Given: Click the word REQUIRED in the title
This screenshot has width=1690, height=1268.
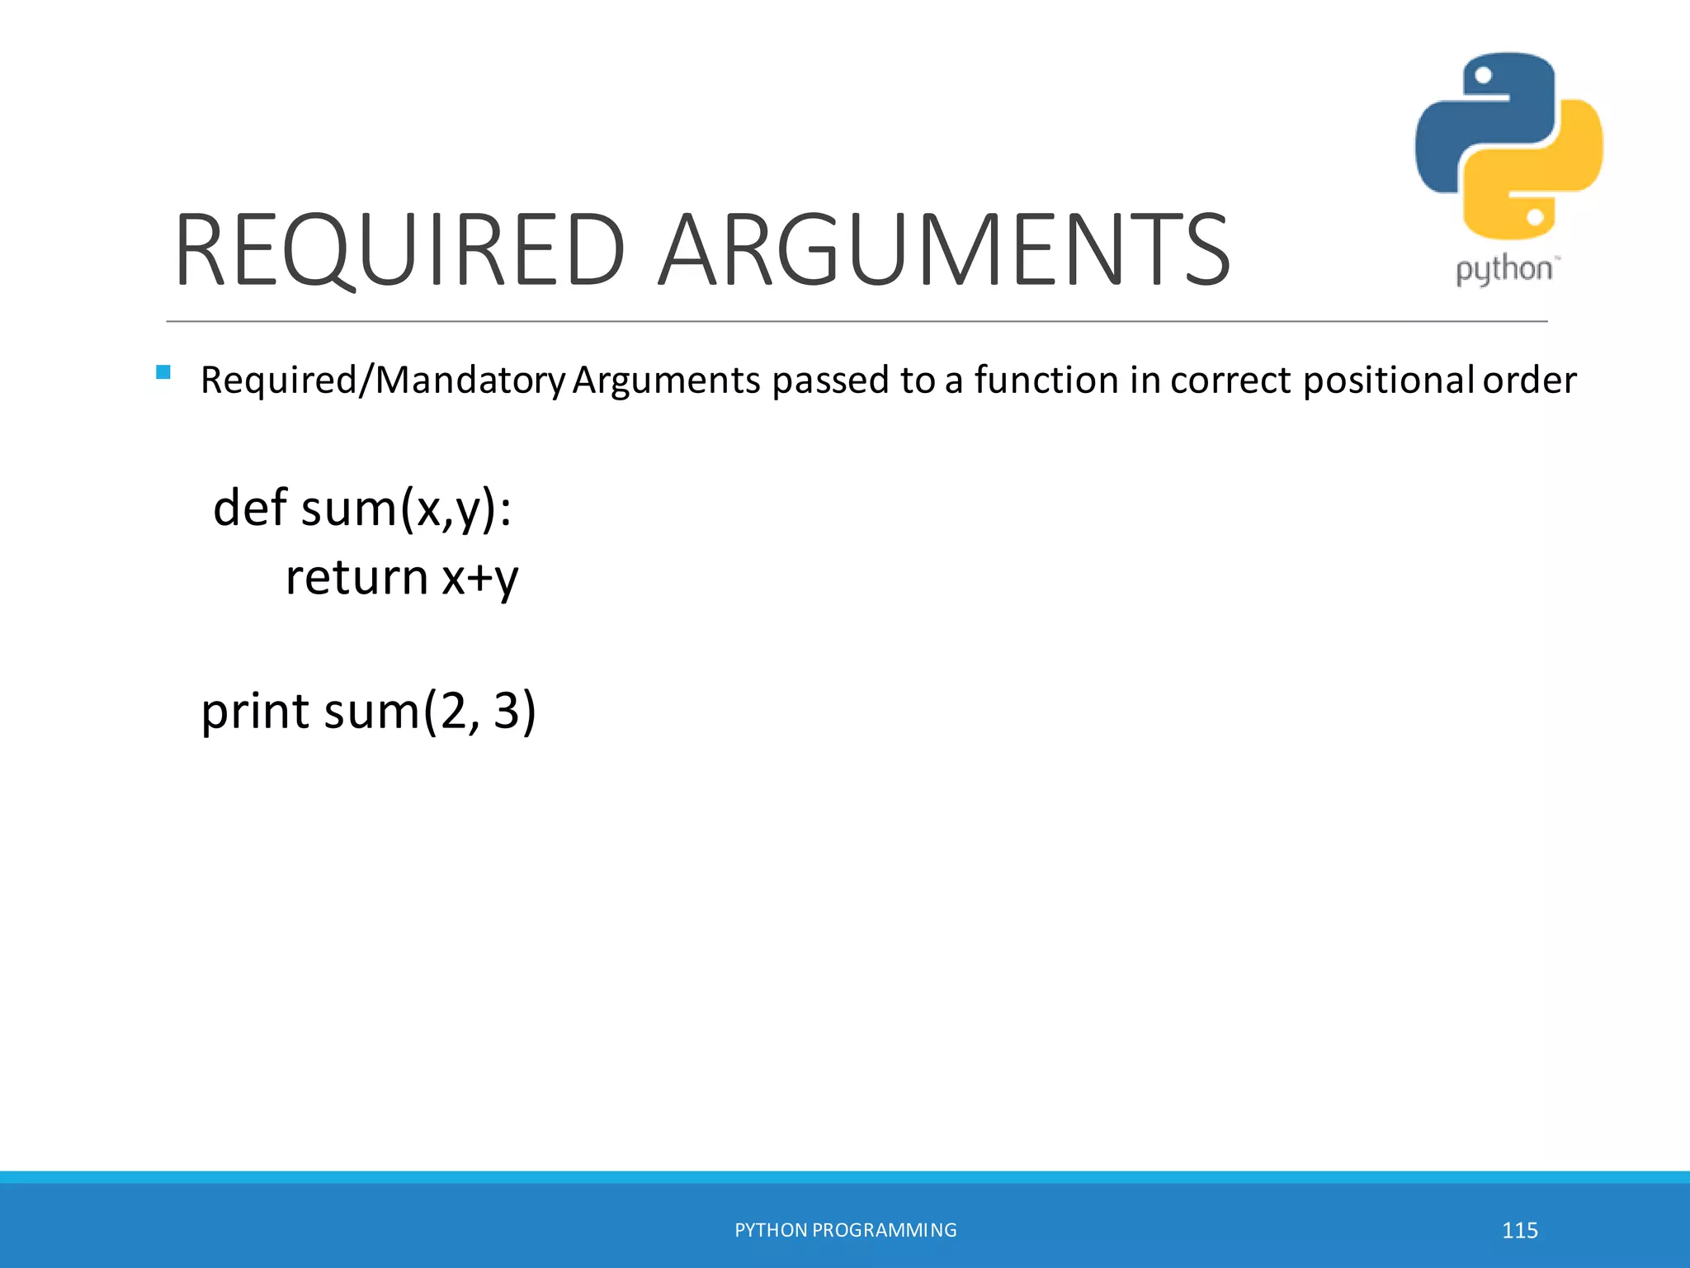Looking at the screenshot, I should coord(399,249).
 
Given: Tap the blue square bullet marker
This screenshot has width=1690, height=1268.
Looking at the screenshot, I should coord(163,372).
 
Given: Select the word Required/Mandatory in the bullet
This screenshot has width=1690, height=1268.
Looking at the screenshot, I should coord(383,381).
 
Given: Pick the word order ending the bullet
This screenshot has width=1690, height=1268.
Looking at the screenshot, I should coord(1529,380).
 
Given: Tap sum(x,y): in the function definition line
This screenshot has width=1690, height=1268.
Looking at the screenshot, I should coord(407,509).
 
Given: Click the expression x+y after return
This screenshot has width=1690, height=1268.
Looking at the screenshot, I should coord(480,578).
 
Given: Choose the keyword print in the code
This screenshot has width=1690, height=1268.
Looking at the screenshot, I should coord(255,711).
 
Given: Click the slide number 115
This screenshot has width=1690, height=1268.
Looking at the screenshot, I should coord(1519,1230).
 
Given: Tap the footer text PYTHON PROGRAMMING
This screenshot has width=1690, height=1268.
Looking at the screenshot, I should coord(845,1230).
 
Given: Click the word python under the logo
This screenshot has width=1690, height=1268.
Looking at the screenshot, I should coord(1504,270).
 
